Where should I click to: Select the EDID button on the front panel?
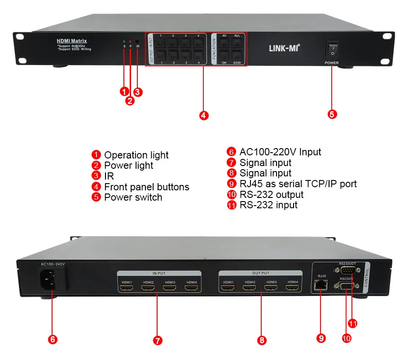point(237,56)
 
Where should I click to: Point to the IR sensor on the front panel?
point(137,41)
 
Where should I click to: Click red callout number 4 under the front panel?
point(203,115)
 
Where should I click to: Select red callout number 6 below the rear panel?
point(53,339)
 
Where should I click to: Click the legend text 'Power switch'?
point(133,198)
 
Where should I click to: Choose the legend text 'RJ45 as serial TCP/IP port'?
point(298,184)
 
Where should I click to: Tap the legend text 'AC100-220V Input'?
point(280,152)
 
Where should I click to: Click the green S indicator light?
point(124,41)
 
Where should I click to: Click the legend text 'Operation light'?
point(136,155)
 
